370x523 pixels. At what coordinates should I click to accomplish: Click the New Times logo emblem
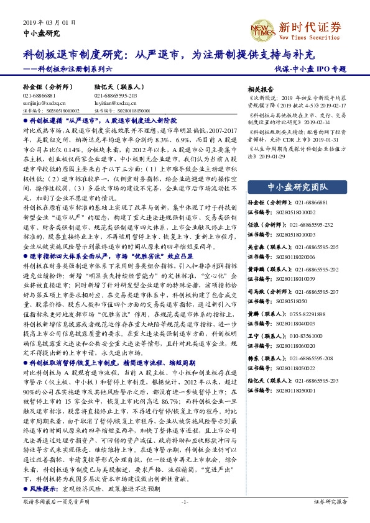[262, 28]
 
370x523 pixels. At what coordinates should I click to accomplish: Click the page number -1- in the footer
[185, 517]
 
